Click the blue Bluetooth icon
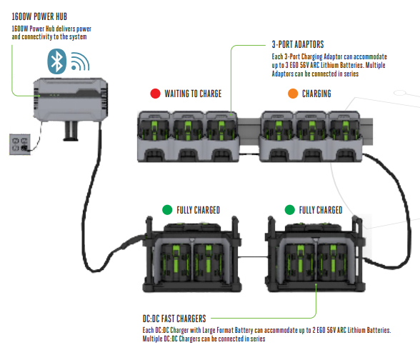57,61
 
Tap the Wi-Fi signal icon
79,62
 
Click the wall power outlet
20,144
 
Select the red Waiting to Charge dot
156,94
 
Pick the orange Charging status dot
293,94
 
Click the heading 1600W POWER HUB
39,16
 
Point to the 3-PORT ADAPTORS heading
298,44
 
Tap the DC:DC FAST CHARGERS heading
174,319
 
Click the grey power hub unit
71,100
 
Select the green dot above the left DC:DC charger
167,210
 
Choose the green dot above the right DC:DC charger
289,210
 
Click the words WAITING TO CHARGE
193,94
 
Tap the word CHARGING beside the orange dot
316,94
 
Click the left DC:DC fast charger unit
191,254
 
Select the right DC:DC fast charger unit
315,254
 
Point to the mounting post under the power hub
71,131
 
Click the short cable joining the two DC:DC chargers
253,257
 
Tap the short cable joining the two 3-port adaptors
249,154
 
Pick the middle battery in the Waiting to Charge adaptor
189,131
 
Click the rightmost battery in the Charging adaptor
345,131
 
